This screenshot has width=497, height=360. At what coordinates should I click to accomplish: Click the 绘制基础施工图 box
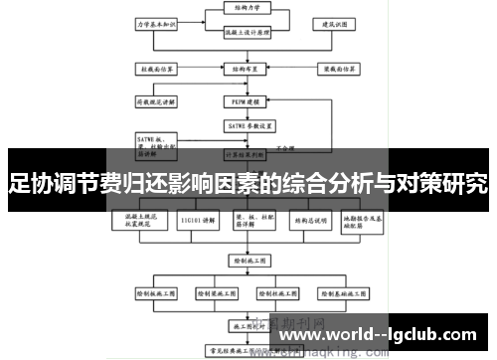(347, 295)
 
